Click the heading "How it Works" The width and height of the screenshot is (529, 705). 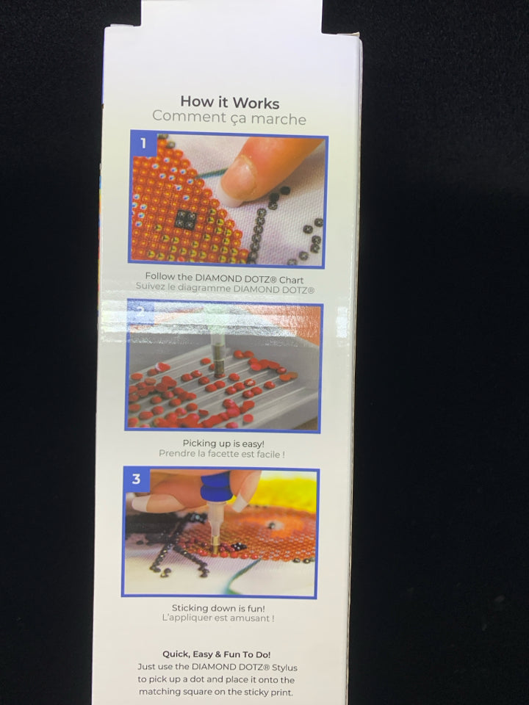[230, 102]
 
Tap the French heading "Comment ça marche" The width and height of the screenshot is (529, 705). [229, 117]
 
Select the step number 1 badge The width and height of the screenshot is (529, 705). [143, 143]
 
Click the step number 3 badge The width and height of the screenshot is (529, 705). [137, 480]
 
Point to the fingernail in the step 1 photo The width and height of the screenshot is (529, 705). [239, 177]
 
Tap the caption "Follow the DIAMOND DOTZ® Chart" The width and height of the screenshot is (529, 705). [224, 278]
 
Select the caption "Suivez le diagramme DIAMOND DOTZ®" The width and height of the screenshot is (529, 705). [225, 289]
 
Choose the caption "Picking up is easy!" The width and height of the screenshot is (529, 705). [223, 444]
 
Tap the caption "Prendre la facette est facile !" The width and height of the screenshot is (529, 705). [222, 454]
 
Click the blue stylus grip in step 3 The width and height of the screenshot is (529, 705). [215, 486]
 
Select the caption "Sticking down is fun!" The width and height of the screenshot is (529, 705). [219, 608]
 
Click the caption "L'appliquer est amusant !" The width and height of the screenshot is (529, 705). [218, 618]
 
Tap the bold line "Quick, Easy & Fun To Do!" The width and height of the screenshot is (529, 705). [216, 654]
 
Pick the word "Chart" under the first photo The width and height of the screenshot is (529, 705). [292, 280]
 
